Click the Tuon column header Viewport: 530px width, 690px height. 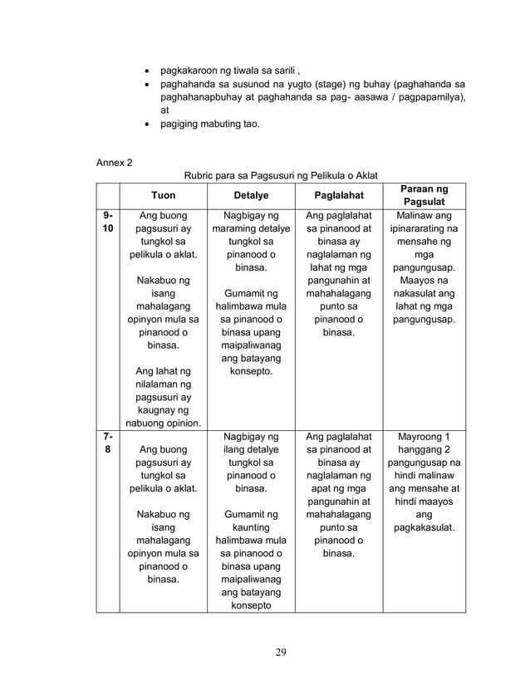click(163, 195)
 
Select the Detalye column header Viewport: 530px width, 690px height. click(251, 195)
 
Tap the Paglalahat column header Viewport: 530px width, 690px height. click(338, 195)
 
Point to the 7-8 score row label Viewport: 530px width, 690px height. click(107, 441)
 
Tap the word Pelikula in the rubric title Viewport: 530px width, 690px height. click(320, 175)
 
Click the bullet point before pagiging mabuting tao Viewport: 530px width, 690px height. click(147, 124)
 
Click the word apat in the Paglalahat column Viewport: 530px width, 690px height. click(321, 491)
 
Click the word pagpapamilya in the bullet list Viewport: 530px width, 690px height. click(428, 98)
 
